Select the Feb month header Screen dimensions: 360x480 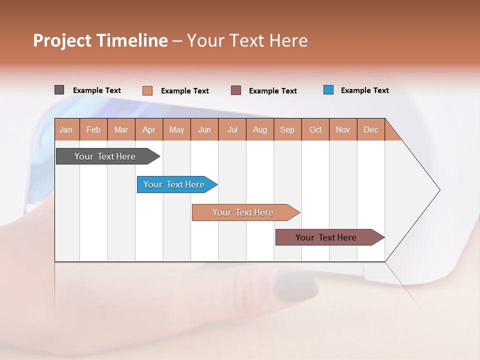(x=93, y=129)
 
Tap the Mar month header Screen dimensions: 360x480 (x=121, y=129)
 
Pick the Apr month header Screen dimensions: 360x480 (x=149, y=129)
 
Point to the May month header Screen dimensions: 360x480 (x=176, y=129)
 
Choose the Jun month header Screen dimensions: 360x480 (x=204, y=129)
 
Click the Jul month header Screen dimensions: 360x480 (x=232, y=129)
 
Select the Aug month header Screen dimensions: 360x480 (x=260, y=129)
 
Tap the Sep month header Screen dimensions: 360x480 (x=287, y=129)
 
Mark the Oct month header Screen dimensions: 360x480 (x=315, y=129)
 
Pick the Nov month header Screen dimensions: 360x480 (x=343, y=129)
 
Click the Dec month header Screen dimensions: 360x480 (x=371, y=129)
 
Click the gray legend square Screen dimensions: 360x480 (x=59, y=90)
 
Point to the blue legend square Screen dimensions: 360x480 (x=328, y=90)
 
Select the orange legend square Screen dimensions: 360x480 (x=147, y=90)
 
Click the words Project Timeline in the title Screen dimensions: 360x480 (x=100, y=40)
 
